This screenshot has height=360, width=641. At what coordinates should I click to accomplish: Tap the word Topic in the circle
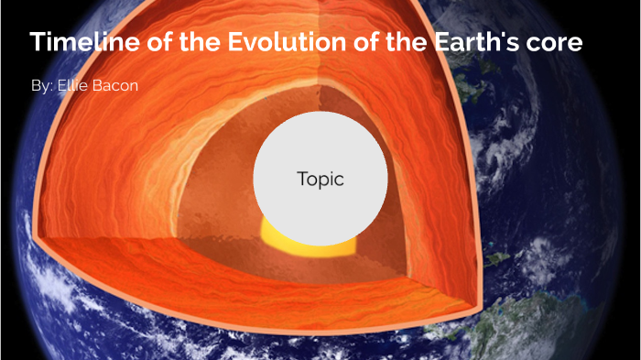320,180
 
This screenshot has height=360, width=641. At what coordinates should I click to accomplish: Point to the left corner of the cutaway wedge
35,237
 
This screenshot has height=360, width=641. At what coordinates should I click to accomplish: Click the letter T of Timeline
36,42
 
